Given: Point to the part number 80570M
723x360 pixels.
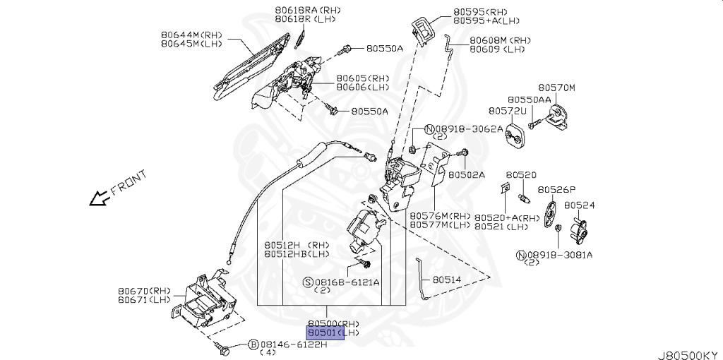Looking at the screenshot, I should pyautogui.click(x=557, y=88).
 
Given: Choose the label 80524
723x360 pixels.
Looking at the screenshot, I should pyautogui.click(x=579, y=205).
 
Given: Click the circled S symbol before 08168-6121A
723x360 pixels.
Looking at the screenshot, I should pyautogui.click(x=308, y=282).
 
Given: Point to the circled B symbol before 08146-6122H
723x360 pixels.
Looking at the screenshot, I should pyautogui.click(x=253, y=344).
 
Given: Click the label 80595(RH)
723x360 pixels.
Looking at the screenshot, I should pyautogui.click(x=480, y=12).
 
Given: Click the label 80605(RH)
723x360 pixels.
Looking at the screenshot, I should pyautogui.click(x=362, y=78).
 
